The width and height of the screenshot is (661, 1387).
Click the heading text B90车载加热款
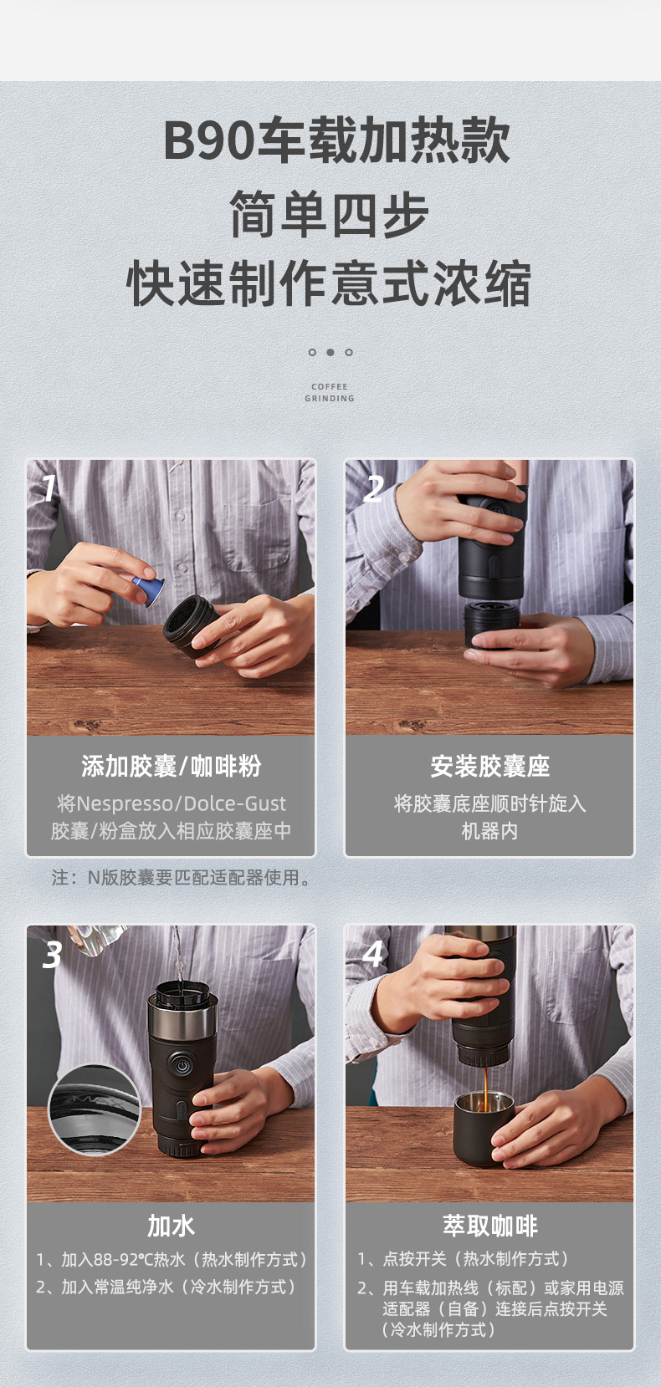point(336,140)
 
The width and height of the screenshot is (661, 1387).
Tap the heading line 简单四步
point(330,214)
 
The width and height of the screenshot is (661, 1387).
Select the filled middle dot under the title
point(330,352)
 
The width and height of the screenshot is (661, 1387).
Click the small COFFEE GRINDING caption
point(330,392)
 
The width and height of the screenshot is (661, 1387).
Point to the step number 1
point(49,487)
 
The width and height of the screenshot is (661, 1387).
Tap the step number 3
point(52,955)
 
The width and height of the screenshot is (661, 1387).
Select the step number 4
point(373,953)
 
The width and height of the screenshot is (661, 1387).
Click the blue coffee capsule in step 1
point(149,589)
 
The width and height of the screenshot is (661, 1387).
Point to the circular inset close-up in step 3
point(94,1109)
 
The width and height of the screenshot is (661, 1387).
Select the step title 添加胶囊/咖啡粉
point(171,766)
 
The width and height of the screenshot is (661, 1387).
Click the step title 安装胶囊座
point(489,766)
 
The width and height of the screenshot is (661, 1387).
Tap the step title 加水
point(171,1226)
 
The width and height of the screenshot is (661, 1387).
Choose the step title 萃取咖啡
point(489,1226)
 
